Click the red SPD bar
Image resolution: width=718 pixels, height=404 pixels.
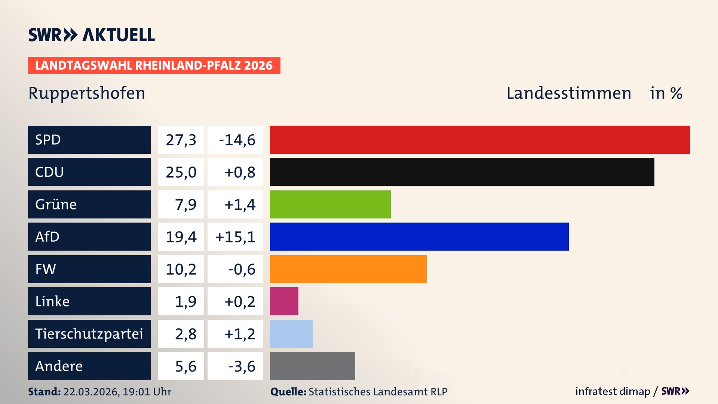click(480, 140)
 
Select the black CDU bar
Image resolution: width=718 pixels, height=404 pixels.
click(462, 172)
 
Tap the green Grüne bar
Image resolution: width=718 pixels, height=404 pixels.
click(330, 204)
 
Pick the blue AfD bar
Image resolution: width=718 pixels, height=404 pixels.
click(419, 236)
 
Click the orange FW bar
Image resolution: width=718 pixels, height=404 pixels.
click(348, 269)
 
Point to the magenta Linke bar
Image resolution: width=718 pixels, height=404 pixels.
click(284, 301)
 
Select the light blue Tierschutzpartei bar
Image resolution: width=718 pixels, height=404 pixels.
click(291, 334)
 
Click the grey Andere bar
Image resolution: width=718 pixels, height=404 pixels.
click(312, 366)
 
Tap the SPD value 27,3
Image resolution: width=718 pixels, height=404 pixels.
click(181, 140)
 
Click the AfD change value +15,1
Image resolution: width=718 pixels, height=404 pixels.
click(235, 237)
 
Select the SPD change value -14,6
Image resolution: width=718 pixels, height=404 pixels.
click(237, 140)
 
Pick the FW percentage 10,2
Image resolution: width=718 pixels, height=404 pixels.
click(181, 269)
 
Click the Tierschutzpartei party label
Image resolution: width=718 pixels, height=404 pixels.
click(89, 334)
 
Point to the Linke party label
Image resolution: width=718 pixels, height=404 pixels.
click(52, 302)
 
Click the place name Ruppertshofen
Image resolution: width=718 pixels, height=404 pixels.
click(87, 93)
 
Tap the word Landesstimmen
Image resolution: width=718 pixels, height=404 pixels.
click(568, 93)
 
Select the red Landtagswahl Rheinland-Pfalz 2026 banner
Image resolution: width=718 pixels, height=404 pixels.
click(154, 65)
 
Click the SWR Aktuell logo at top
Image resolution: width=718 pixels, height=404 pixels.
click(92, 35)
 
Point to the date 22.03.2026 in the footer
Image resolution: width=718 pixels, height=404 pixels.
click(90, 392)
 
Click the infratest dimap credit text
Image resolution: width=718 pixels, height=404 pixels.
click(613, 391)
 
